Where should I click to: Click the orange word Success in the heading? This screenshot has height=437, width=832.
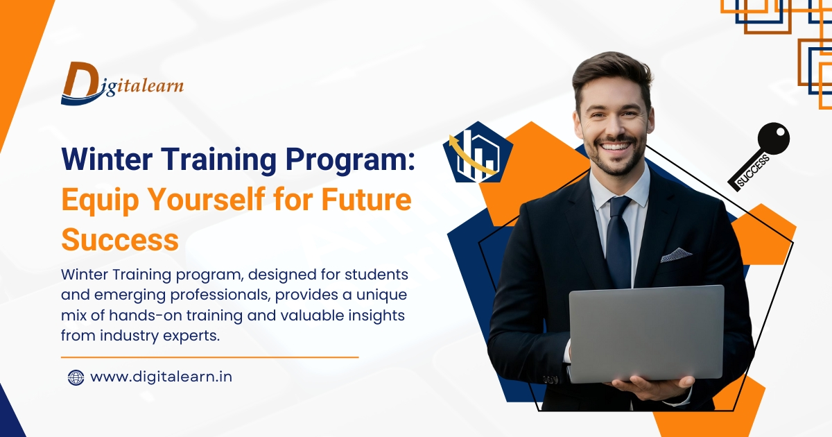tap(119, 240)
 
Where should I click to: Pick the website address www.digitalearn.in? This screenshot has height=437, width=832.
tap(161, 377)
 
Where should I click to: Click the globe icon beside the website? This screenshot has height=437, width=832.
tap(76, 377)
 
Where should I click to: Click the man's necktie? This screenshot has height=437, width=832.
tap(618, 243)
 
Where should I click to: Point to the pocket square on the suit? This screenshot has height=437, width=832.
tap(675, 255)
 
